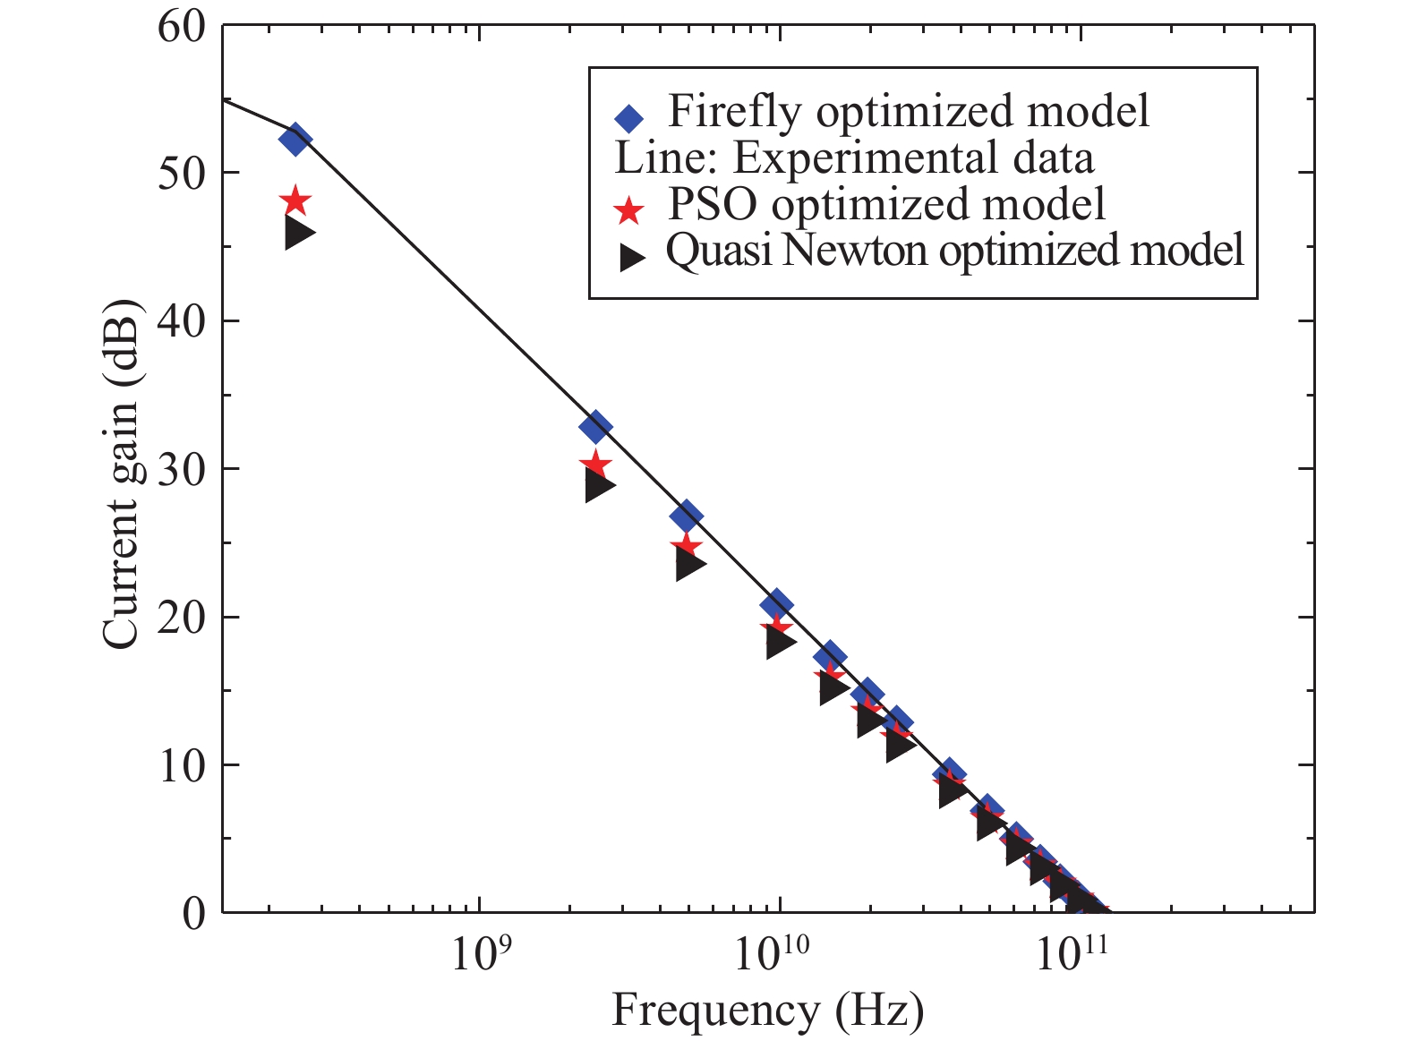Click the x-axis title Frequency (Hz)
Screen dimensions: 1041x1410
(767, 1011)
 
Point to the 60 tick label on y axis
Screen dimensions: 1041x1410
(181, 27)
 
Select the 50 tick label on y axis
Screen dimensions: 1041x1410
(181, 173)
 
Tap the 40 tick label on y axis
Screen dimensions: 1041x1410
(181, 320)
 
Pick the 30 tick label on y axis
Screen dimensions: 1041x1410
(181, 469)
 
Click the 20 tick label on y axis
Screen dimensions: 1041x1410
(181, 618)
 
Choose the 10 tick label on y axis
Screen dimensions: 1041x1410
(181, 765)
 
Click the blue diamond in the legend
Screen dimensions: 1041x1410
(629, 118)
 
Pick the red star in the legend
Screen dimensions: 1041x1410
(629, 210)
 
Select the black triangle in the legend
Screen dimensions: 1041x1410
(633, 257)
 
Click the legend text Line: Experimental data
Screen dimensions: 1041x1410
(854, 159)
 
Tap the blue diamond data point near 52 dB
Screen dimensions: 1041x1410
(295, 141)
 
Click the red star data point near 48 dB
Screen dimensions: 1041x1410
(295, 202)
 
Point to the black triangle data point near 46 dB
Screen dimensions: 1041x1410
(298, 234)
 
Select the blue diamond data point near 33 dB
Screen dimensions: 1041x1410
(595, 427)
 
